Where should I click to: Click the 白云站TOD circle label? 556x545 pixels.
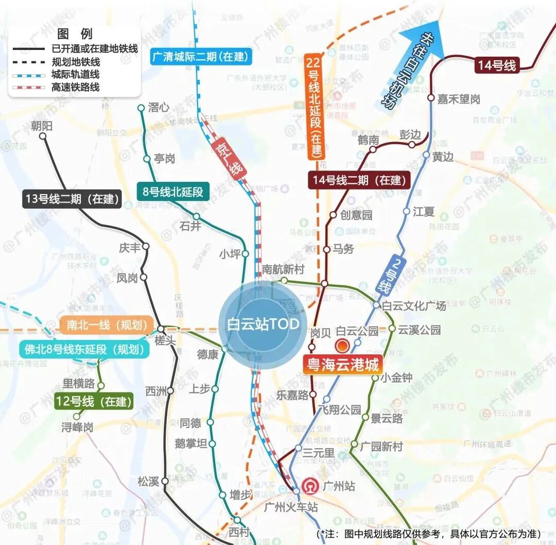tap(263, 325)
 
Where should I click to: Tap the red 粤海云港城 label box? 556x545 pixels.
tap(342, 365)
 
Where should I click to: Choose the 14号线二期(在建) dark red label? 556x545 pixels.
tap(359, 180)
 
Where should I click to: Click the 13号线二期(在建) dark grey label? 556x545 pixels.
tap(72, 199)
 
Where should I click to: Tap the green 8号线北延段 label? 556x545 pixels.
tap(173, 192)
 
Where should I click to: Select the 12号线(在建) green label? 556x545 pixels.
tap(94, 401)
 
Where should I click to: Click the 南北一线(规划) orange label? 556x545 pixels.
tap(107, 325)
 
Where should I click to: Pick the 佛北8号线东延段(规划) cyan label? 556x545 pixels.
tap(84, 349)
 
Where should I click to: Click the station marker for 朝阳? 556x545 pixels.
tap(43, 137)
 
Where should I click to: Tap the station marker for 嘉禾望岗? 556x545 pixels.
tap(431, 97)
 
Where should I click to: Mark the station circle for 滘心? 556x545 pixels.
tap(141, 108)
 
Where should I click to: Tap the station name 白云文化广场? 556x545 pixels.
tap(414, 305)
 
